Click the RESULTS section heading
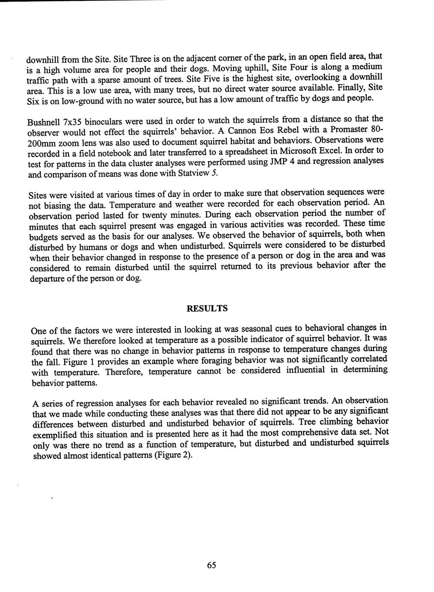point(207,308)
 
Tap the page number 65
point(212,565)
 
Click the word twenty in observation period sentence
point(151,215)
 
